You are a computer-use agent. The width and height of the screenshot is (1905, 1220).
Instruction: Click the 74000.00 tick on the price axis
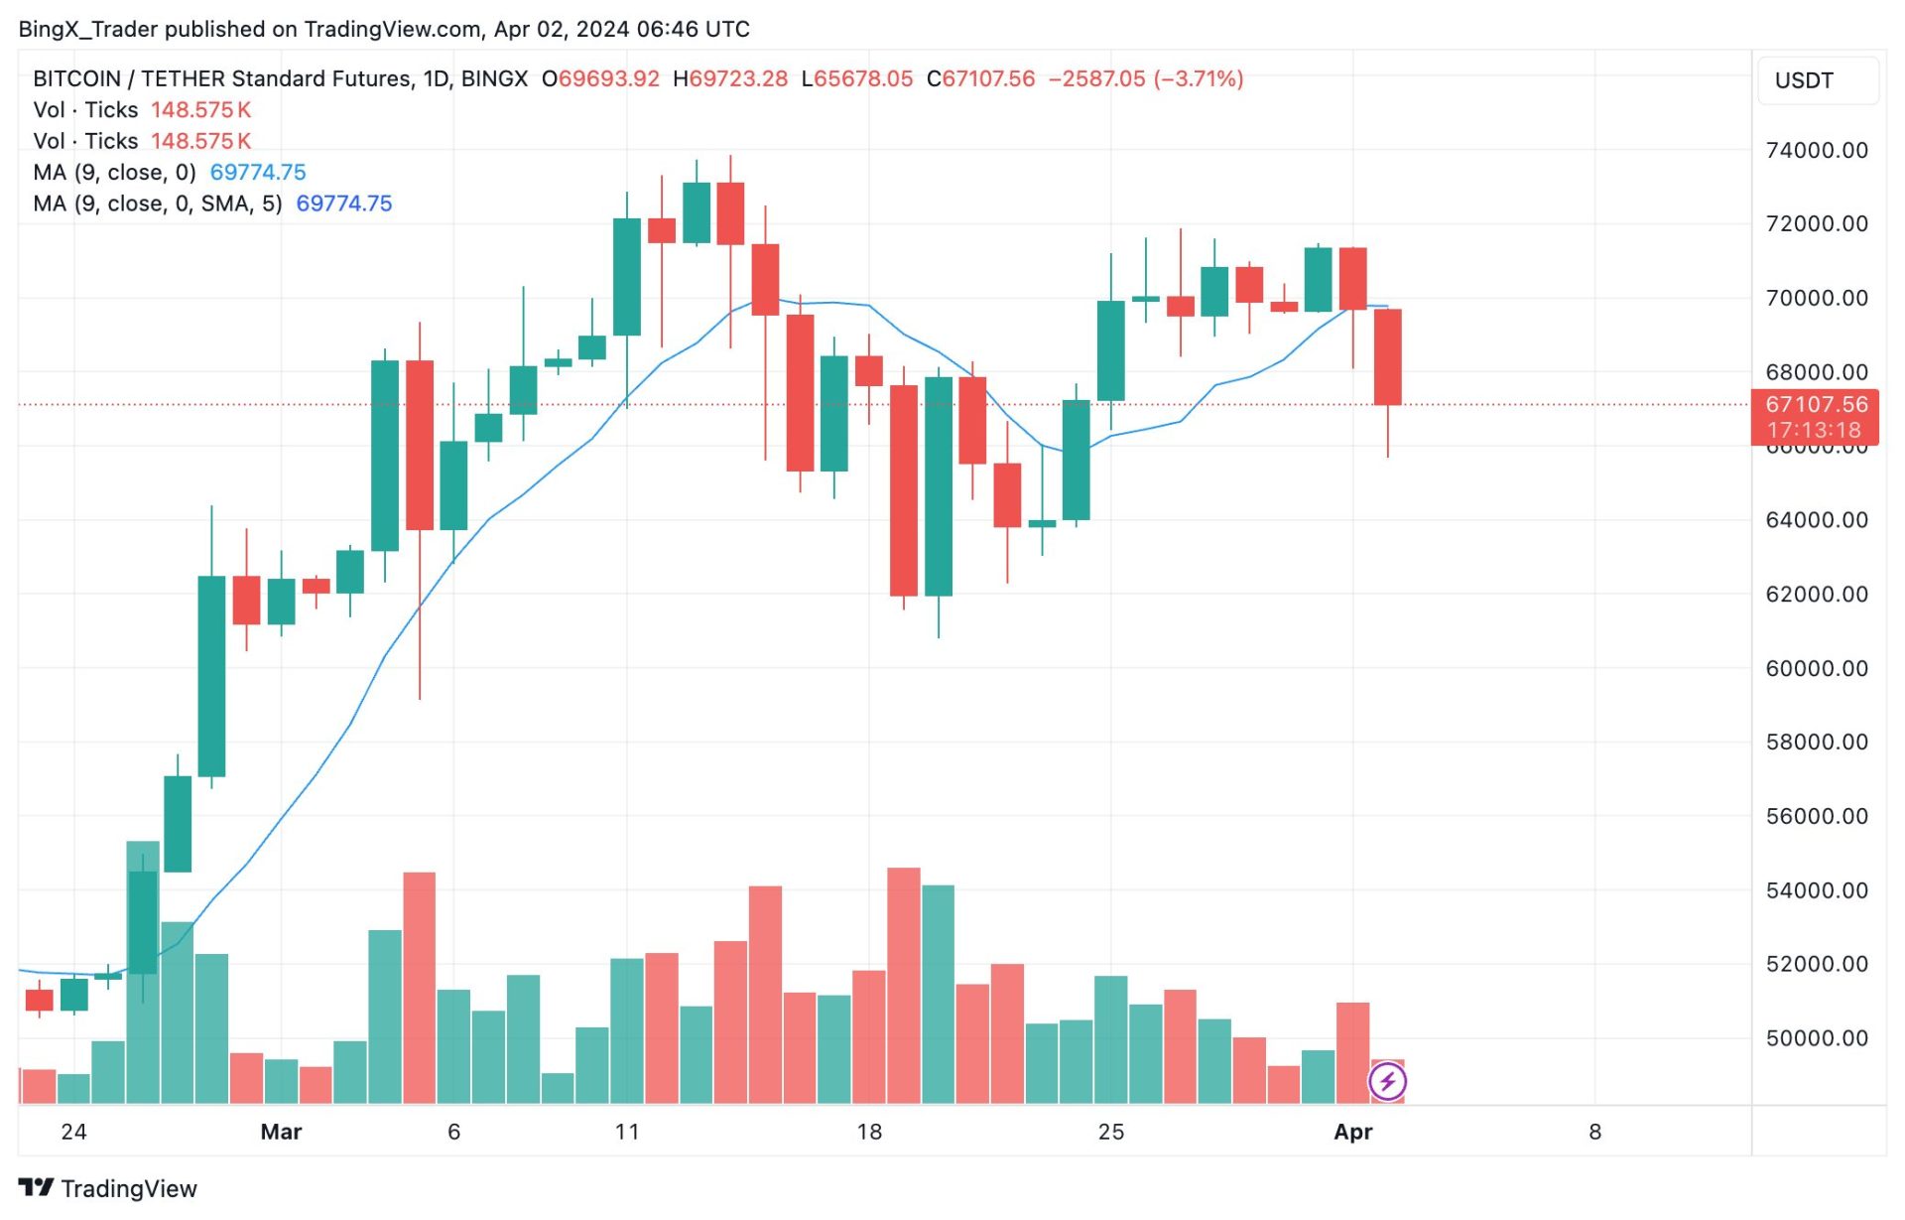pos(1816,151)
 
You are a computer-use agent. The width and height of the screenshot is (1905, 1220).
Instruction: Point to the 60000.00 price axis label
pos(1816,669)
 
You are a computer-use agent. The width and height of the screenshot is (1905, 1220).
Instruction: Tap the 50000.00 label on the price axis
pos(1816,1038)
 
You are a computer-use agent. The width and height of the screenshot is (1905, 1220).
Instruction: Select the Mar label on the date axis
pos(281,1133)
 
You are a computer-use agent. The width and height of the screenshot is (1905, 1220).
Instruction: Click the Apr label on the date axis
pos(1352,1133)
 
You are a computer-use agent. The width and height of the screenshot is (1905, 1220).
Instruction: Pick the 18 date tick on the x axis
pos(869,1133)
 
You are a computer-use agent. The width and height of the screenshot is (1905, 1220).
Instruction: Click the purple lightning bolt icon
pos(1387,1082)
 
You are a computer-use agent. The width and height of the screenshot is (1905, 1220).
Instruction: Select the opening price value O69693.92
pos(600,79)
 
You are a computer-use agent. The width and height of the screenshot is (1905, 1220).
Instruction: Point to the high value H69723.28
pos(730,79)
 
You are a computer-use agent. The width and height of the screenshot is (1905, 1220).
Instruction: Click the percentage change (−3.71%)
pos(1198,79)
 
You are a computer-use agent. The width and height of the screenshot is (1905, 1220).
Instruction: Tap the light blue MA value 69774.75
pos(258,173)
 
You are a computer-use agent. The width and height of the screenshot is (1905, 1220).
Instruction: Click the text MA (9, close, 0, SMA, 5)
pos(158,204)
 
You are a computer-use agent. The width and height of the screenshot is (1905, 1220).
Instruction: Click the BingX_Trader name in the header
pos(87,30)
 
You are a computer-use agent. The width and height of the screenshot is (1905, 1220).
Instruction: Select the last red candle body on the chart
pos(1387,357)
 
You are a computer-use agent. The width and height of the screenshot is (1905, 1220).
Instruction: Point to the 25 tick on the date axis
pos(1111,1133)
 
